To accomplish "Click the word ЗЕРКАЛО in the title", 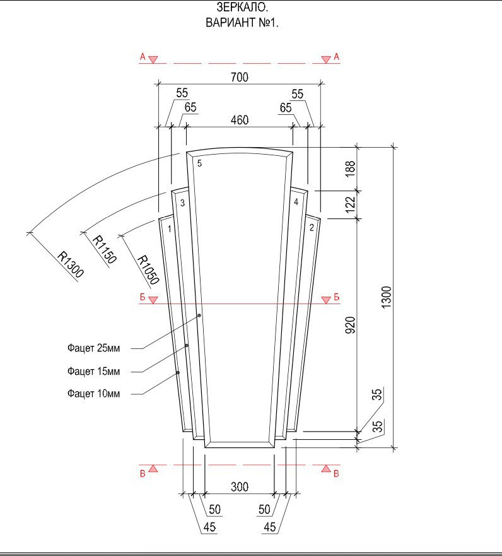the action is click(x=242, y=7).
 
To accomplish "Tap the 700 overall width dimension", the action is click(x=240, y=77).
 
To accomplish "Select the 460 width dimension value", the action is click(x=240, y=120).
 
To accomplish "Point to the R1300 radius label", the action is click(x=71, y=264).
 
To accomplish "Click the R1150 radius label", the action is click(x=104, y=250).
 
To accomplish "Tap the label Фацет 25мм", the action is click(x=93, y=348).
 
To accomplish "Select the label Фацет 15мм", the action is click(x=93, y=371).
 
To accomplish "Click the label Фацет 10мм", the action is click(x=93, y=394).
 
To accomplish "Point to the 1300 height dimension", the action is click(x=387, y=297).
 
